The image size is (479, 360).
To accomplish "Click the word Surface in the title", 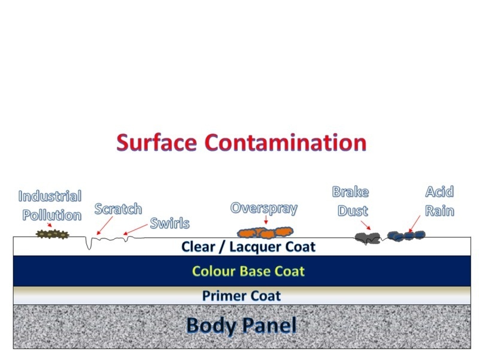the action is [x=156, y=143].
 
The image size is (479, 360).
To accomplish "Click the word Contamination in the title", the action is [x=286, y=143].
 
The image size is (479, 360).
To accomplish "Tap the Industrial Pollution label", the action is [x=50, y=205].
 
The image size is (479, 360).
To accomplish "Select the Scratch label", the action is [x=118, y=209].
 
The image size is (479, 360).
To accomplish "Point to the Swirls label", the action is [x=170, y=223].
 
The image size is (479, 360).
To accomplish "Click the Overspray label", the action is [x=264, y=208].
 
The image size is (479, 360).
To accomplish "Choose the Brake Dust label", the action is [x=351, y=201].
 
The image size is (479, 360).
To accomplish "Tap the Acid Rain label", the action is [x=439, y=201].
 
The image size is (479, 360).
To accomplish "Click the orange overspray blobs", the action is [x=265, y=232].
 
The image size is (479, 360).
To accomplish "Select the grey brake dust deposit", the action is [x=368, y=237].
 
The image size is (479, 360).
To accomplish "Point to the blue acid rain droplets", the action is [x=407, y=235].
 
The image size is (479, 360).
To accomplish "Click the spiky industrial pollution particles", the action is [x=53, y=234].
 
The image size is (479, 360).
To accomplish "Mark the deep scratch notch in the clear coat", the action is [x=89, y=243].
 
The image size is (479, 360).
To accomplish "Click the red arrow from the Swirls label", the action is [x=135, y=229].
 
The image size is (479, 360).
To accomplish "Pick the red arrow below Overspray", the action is [x=266, y=219].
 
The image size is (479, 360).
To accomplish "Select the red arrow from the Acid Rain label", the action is [x=414, y=224].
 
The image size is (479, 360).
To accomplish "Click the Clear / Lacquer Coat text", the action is [x=248, y=247].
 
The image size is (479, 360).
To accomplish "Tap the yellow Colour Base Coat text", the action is [x=248, y=271].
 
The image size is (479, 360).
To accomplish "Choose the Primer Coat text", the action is [x=241, y=296].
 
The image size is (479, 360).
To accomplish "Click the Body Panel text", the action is [x=241, y=325].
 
